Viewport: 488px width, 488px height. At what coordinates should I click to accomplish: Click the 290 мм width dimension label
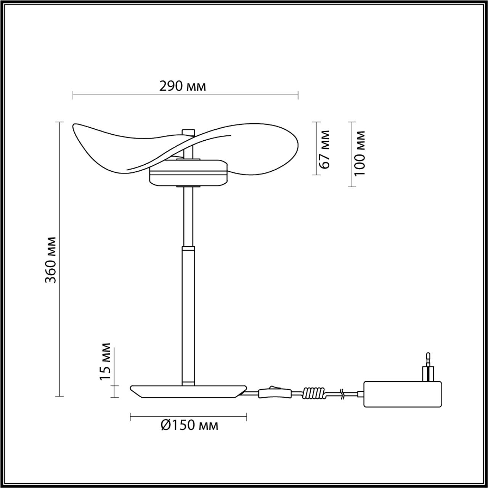point(183,86)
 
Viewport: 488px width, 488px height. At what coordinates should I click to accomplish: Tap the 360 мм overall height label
point(50,259)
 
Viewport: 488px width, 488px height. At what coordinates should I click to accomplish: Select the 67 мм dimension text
point(324,149)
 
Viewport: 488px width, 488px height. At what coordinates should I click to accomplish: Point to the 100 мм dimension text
point(360,154)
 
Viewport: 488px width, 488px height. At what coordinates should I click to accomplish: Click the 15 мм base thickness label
point(105,361)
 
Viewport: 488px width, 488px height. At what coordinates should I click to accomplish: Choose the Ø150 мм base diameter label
point(189,425)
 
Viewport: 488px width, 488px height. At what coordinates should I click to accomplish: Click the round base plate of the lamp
point(188,392)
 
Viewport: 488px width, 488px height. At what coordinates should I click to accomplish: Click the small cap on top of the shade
point(188,132)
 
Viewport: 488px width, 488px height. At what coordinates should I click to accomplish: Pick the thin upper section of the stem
point(188,217)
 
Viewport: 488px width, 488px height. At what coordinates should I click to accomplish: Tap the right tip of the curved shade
point(297,145)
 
